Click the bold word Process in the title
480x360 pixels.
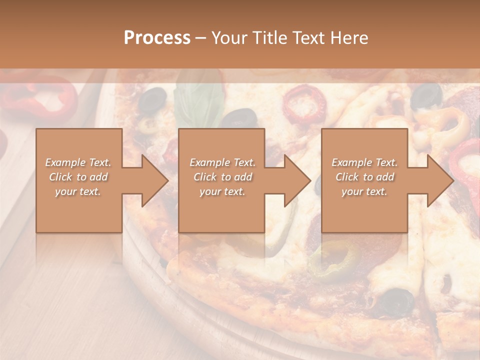click(x=157, y=38)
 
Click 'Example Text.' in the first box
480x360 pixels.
click(x=78, y=162)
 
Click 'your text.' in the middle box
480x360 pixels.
click(x=222, y=191)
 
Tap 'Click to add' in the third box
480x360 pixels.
click(x=364, y=177)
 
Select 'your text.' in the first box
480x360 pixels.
click(x=78, y=191)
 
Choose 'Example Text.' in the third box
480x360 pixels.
click(x=364, y=162)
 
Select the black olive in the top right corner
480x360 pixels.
click(x=426, y=95)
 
